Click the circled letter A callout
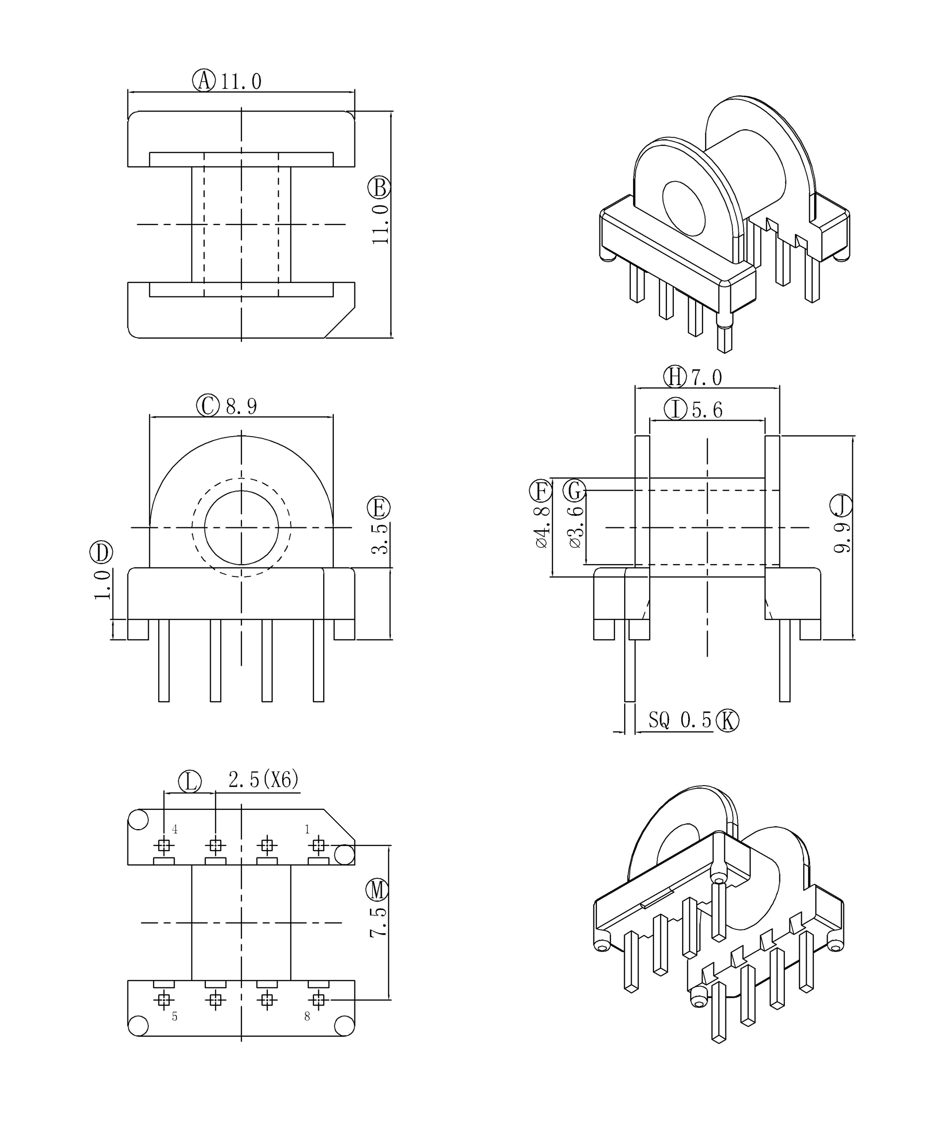coord(204,80)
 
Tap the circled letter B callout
coord(379,188)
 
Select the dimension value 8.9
coord(241,406)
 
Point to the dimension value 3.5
coord(380,539)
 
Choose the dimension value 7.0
coord(706,378)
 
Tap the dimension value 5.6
coord(708,410)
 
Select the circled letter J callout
coord(841,506)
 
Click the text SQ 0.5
coord(680,720)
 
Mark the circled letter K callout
coord(727,721)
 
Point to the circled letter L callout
coord(190,782)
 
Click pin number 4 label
coord(175,829)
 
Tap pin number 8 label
coord(307,1017)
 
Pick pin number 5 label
coord(175,1017)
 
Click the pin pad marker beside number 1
coord(318,846)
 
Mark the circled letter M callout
coord(377,890)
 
